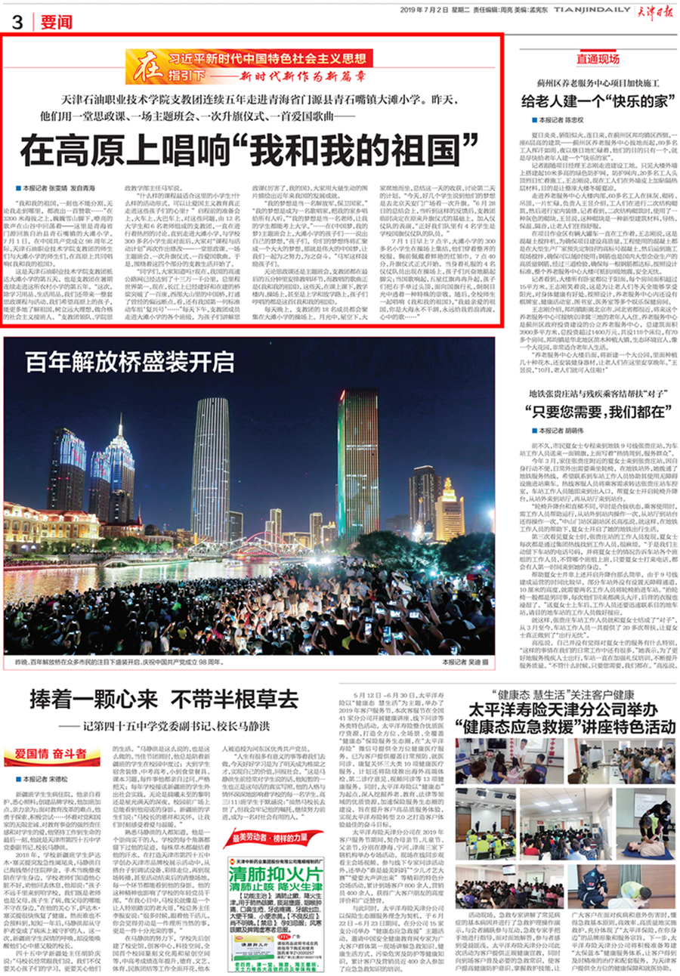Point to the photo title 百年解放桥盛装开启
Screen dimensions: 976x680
tap(119, 362)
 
